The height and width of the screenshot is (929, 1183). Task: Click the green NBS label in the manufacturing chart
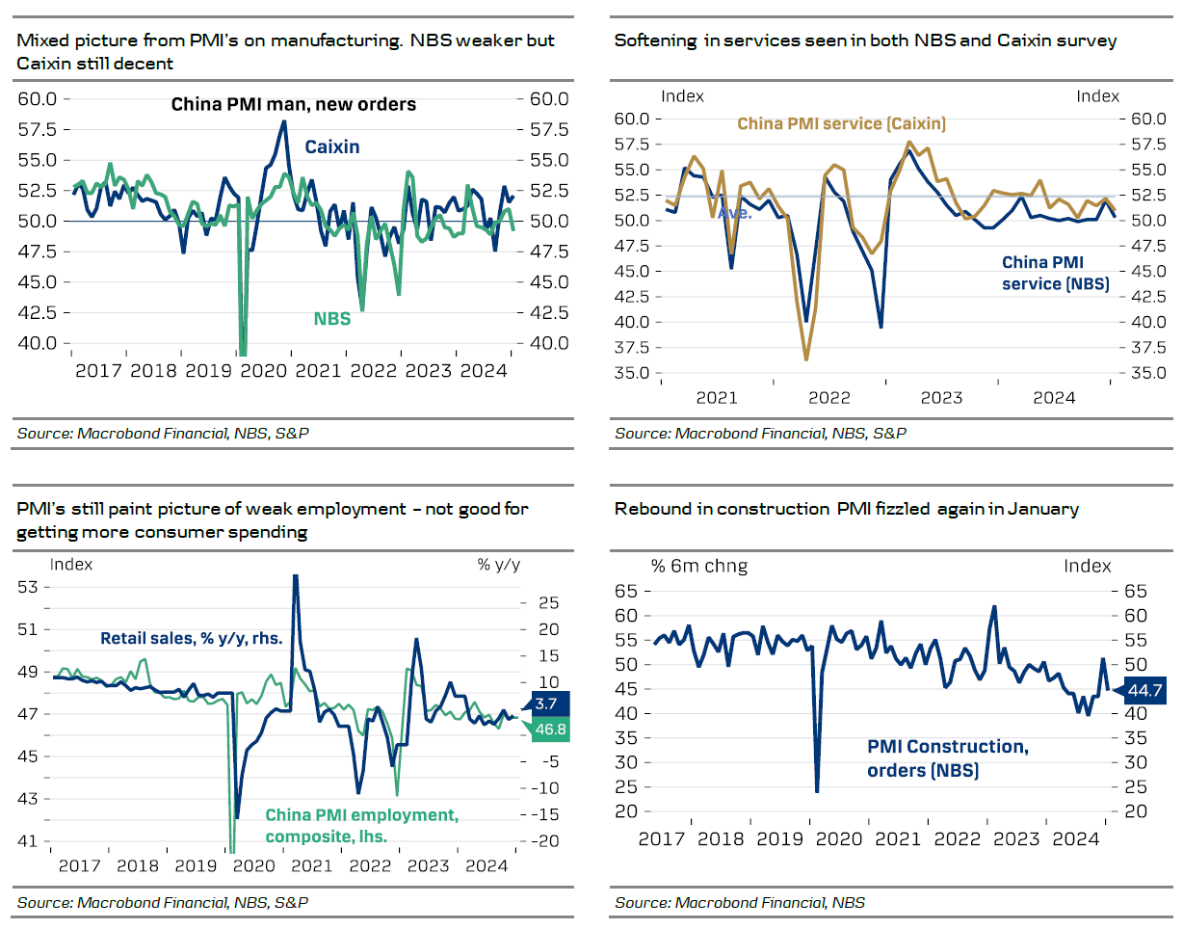[x=331, y=319]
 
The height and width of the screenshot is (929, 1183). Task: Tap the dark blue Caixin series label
[x=332, y=146]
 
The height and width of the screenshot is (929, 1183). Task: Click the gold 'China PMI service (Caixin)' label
[x=841, y=123]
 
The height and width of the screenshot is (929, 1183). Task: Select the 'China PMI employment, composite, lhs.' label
[x=361, y=825]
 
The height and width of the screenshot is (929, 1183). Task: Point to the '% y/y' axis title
[x=499, y=565]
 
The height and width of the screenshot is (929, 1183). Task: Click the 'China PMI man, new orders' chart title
[x=293, y=104]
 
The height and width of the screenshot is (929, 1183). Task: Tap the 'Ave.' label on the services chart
[x=735, y=212]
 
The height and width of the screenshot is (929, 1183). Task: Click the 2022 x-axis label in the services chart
[x=828, y=397]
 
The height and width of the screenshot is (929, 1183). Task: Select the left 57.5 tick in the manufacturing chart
[x=39, y=129]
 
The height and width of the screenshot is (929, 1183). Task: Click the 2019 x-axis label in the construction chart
[x=780, y=838]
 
